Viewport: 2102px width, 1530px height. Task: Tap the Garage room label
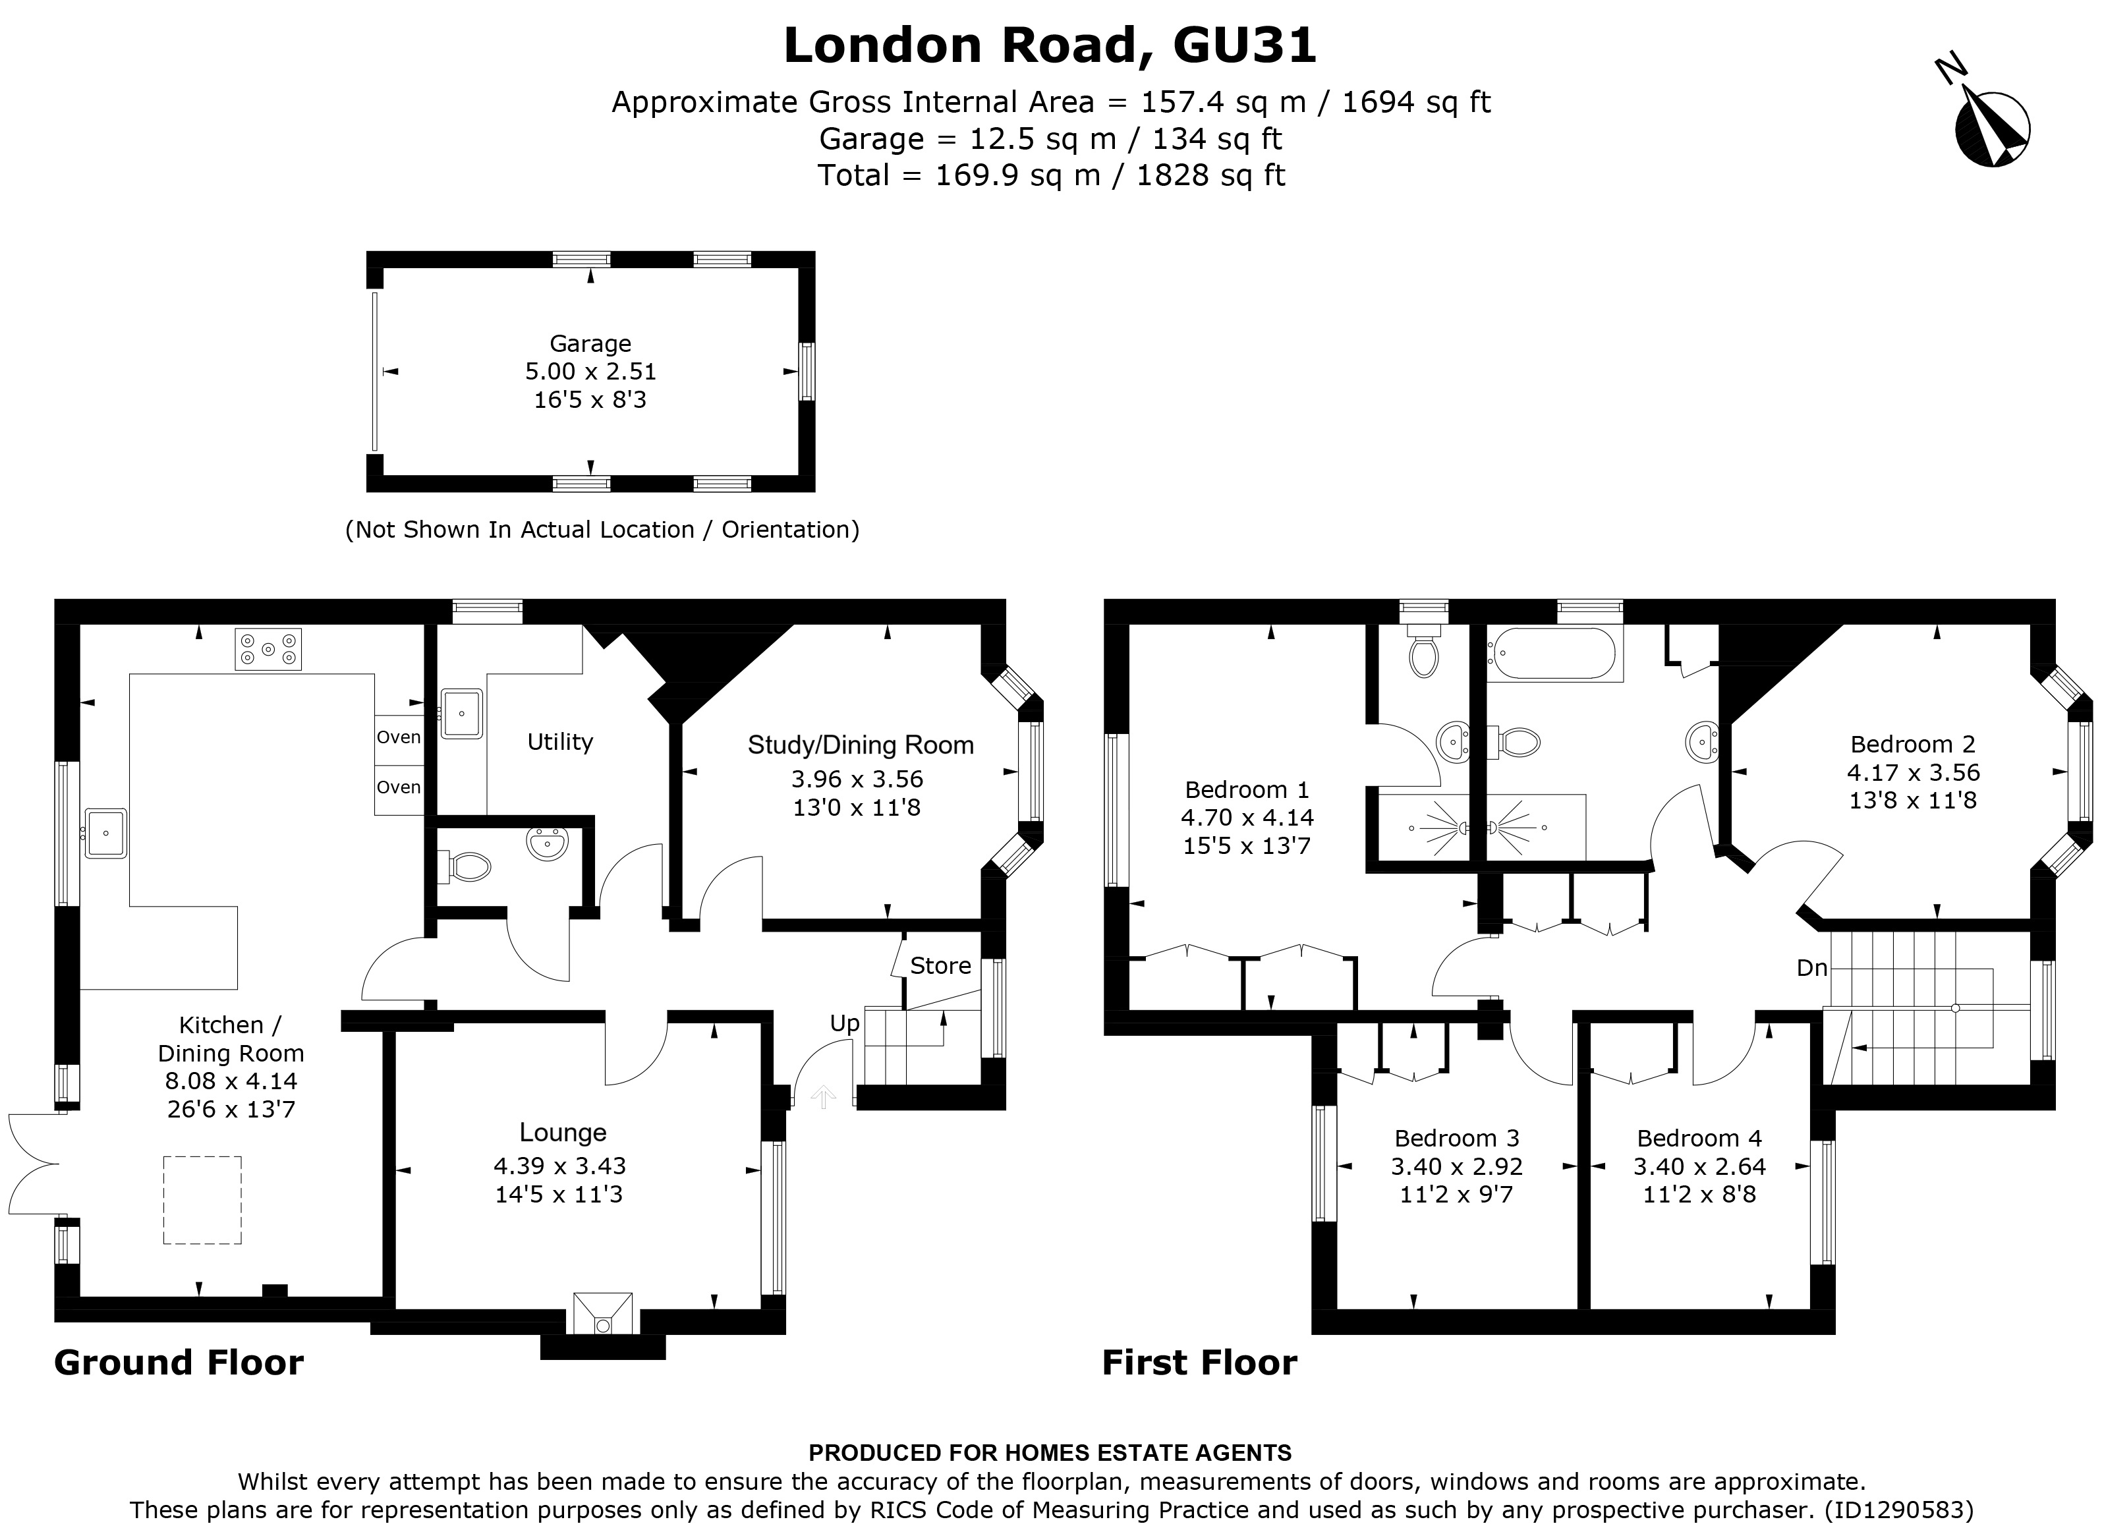(x=590, y=344)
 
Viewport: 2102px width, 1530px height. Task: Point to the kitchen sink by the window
(x=105, y=833)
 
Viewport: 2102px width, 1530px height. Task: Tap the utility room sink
(x=461, y=714)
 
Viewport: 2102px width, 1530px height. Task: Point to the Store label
(x=940, y=965)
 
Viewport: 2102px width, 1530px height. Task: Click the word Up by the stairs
(x=844, y=1023)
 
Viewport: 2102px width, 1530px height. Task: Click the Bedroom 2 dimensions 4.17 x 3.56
(x=1913, y=772)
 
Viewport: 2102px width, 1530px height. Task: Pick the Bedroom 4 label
(x=1699, y=1138)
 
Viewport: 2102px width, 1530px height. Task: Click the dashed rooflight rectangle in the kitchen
(x=203, y=1199)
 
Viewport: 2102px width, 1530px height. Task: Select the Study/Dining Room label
(x=860, y=745)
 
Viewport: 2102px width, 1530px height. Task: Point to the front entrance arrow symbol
(x=823, y=1097)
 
